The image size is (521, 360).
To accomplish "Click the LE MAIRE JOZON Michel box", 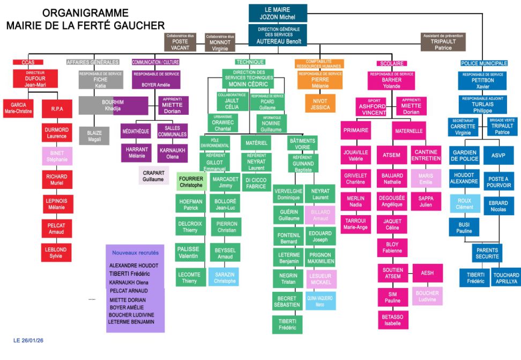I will tap(278, 13).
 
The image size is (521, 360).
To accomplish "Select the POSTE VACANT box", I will tap(180, 42).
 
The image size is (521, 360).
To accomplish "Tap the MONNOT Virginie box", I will tap(220, 42).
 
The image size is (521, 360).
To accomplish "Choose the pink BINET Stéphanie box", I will tap(57, 156).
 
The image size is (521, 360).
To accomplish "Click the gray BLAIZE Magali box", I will tap(94, 136).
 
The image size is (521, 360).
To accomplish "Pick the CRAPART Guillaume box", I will tap(154, 175).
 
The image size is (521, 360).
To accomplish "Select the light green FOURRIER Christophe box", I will tap(191, 181).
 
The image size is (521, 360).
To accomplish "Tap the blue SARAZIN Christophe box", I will tap(225, 277).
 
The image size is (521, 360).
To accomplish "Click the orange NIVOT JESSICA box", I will tap(320, 104).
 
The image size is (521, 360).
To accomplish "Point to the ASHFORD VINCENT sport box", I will tap(373, 106).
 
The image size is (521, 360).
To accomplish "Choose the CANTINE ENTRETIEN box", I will tap(426, 155).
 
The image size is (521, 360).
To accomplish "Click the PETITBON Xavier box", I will tap(482, 81).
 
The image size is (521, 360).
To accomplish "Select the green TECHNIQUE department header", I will tap(250, 62).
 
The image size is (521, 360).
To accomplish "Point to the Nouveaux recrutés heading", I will tap(135, 252).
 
